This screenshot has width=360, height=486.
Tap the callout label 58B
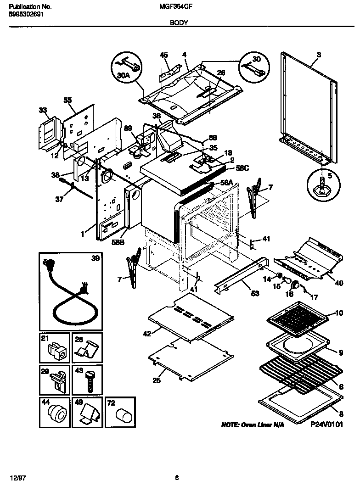point(118,243)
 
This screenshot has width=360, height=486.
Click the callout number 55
point(67,100)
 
